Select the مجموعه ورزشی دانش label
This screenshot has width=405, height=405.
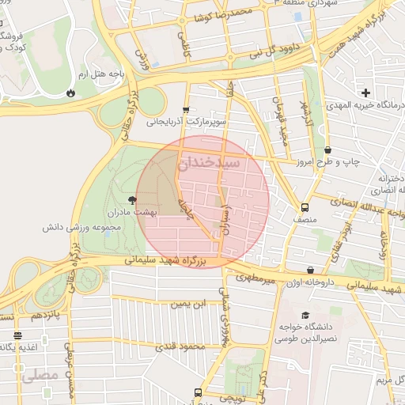[81, 227]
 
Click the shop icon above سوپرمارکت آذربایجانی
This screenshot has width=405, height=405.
[186, 110]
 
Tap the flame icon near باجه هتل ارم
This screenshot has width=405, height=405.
[71, 93]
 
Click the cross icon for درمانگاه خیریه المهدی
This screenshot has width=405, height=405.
[365, 93]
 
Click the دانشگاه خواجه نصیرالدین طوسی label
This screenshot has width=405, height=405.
[306, 332]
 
